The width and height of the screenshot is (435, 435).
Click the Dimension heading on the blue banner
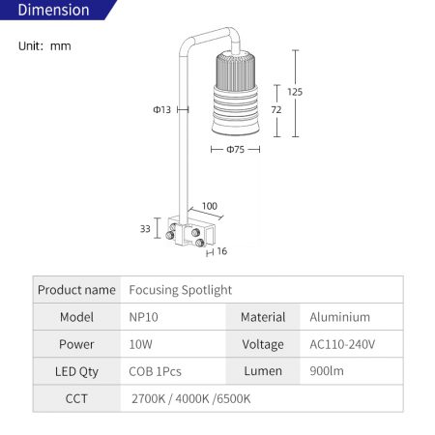pyautogui.click(x=53, y=10)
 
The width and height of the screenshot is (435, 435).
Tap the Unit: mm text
pyautogui.click(x=44, y=46)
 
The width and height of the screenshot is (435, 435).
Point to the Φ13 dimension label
pyautogui.click(x=161, y=110)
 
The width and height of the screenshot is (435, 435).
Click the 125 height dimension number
pyautogui.click(x=295, y=92)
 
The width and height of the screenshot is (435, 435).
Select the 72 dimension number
pyautogui.click(x=276, y=110)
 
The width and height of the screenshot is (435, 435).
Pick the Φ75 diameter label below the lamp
pyautogui.click(x=235, y=150)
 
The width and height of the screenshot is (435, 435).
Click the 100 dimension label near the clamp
pyautogui.click(x=210, y=206)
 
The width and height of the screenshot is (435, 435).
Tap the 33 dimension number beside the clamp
pyautogui.click(x=145, y=229)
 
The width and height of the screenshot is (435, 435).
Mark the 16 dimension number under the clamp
pyautogui.click(x=222, y=251)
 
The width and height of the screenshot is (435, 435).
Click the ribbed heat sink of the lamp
pyautogui.click(x=236, y=71)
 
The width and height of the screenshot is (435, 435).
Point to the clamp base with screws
pyautogui.click(x=190, y=231)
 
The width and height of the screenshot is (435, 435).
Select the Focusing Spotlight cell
pyautogui.click(x=181, y=290)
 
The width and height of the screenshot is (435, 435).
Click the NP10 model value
pyautogui.click(x=143, y=317)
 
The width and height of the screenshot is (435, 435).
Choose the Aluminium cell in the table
pyautogui.click(x=339, y=317)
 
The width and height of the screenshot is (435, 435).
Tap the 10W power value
pyautogui.click(x=140, y=344)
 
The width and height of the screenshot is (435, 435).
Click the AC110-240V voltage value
pyautogui.click(x=342, y=344)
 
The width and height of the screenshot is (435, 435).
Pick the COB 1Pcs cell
pyautogui.click(x=155, y=371)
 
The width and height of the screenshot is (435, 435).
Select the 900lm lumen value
pyautogui.click(x=327, y=371)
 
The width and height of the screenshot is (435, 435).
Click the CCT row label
pyautogui.click(x=76, y=399)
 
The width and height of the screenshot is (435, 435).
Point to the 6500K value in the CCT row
pyautogui.click(x=234, y=399)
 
